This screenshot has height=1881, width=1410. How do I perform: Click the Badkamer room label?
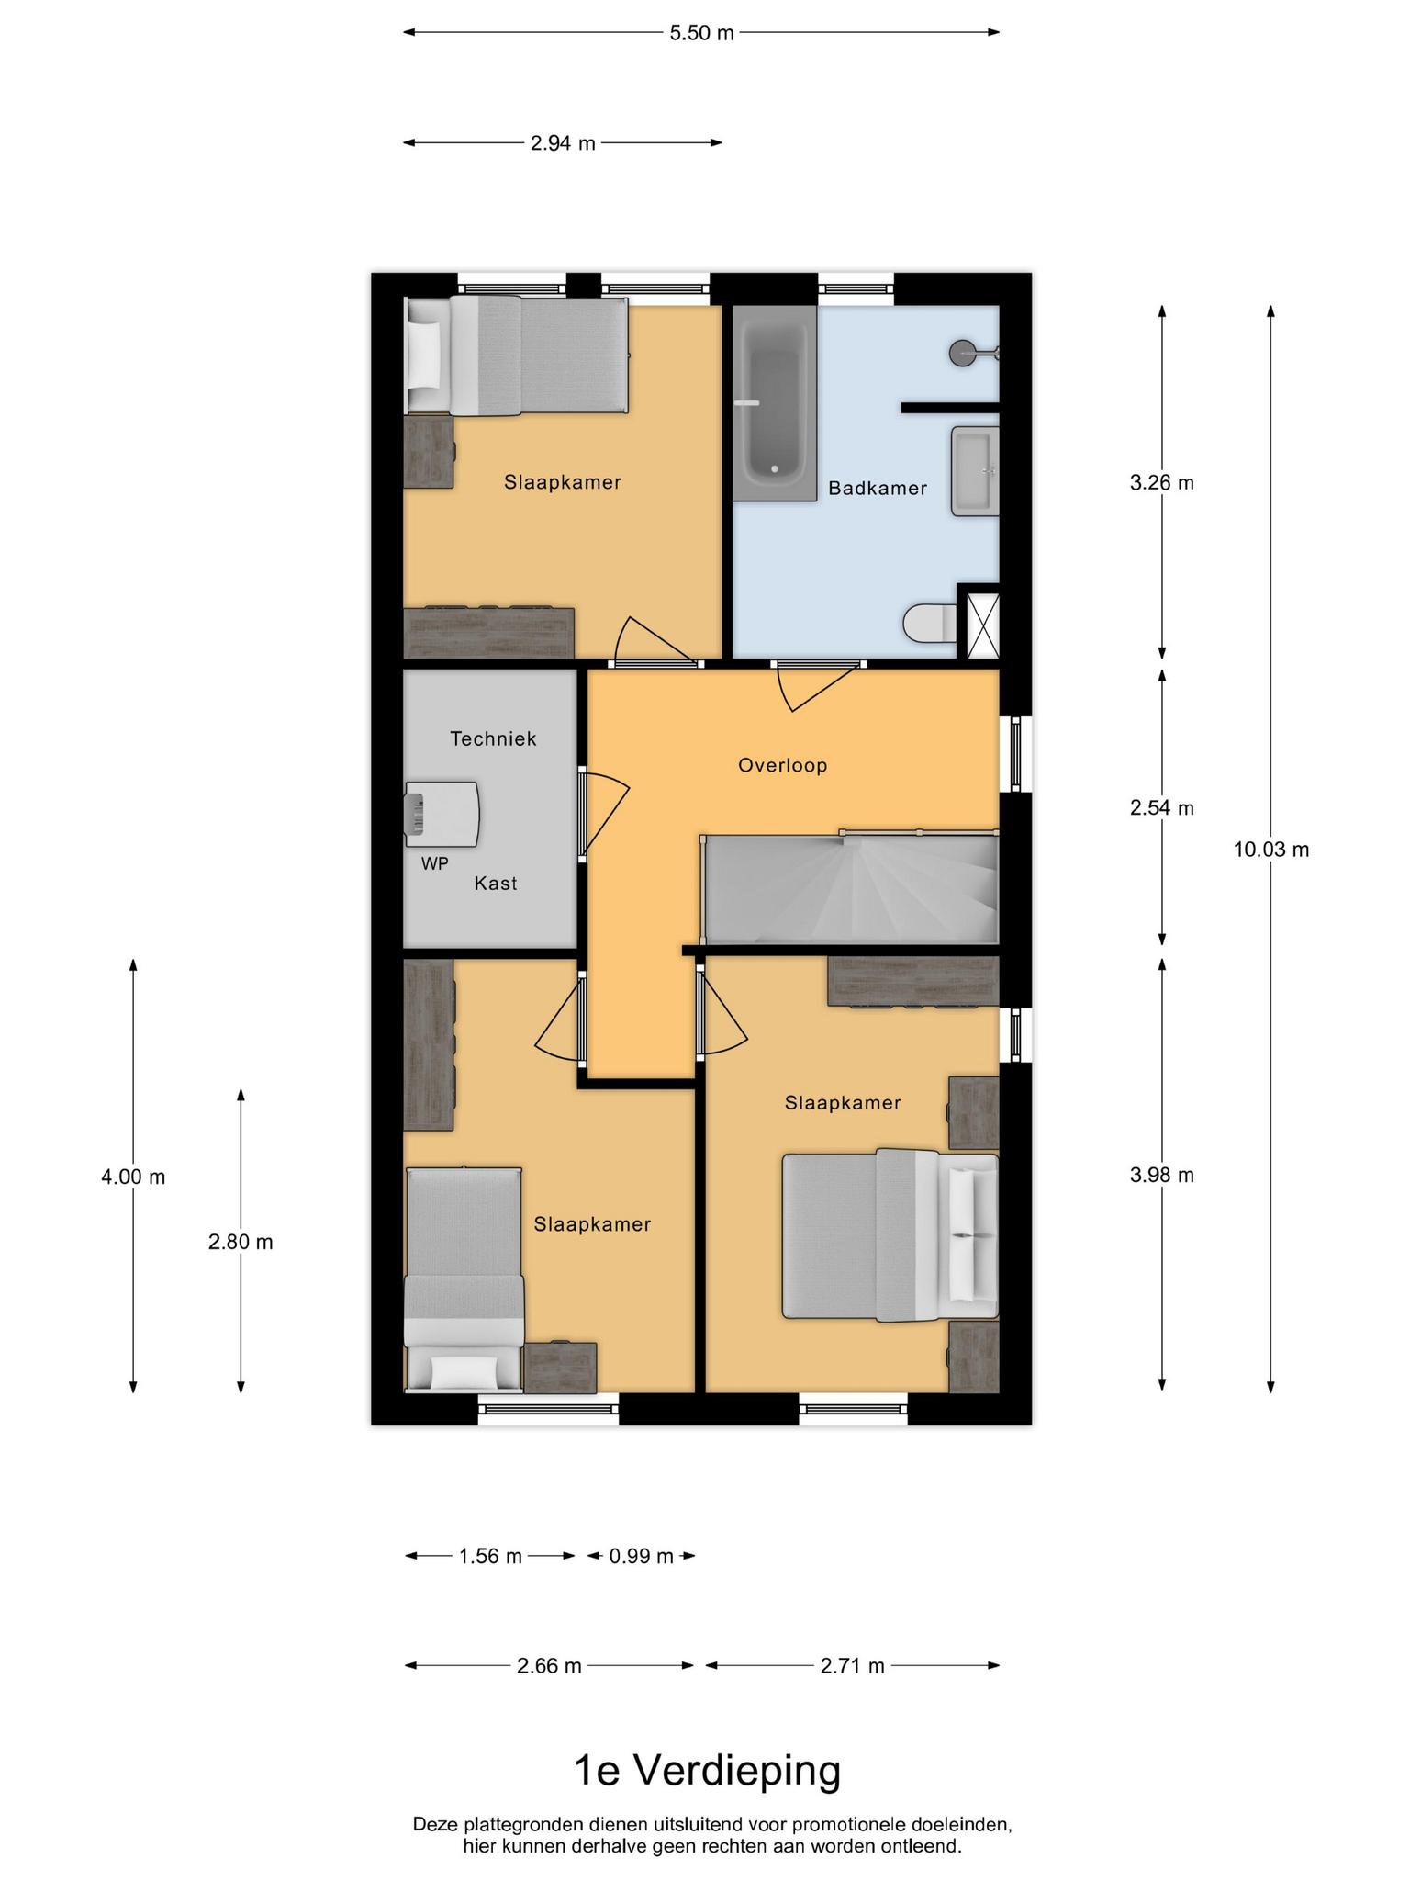tap(877, 489)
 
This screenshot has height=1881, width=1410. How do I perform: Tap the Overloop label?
tap(782, 765)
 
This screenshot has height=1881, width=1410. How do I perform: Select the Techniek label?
tap(493, 738)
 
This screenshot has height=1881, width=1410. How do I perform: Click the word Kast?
tap(496, 884)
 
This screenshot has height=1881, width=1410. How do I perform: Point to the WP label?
tap(434, 863)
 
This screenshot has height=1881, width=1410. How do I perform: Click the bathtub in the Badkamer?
tap(774, 402)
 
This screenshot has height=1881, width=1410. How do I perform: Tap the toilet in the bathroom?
tap(929, 625)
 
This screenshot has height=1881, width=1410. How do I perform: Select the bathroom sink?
tap(975, 470)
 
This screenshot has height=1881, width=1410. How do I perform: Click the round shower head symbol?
tap(963, 352)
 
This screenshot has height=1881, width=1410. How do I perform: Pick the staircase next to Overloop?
tap(850, 888)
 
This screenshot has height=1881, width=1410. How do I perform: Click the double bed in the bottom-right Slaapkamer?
tap(890, 1235)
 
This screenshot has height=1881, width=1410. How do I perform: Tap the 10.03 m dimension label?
tap(1270, 850)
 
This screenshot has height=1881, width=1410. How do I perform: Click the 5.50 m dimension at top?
tap(701, 33)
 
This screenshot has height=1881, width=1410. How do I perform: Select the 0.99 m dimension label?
tap(641, 1556)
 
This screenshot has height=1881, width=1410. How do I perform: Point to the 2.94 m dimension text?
tap(563, 143)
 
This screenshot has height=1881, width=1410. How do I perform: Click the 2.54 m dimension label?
tap(1162, 808)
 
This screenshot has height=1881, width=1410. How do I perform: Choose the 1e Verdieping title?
tap(707, 1770)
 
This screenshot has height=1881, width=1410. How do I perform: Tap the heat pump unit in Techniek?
tap(442, 814)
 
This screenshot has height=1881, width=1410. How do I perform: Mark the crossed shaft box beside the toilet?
tap(978, 626)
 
